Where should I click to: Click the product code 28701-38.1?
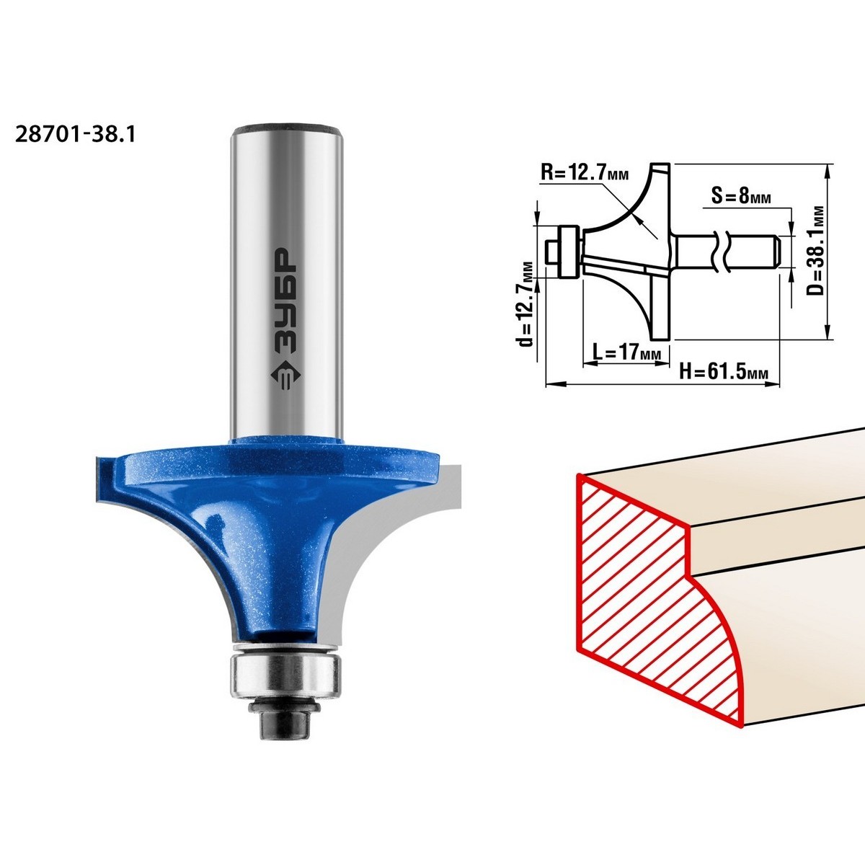click(x=76, y=134)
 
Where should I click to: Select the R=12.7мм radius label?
click(x=585, y=172)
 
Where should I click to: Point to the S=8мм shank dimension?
click(x=741, y=196)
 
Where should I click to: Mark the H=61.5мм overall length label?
click(x=723, y=372)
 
